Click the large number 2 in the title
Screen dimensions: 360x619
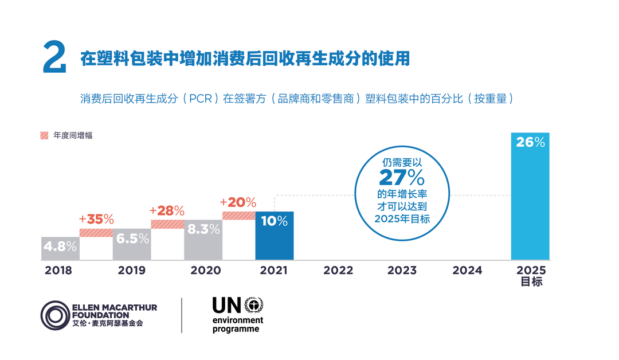(x=54, y=58)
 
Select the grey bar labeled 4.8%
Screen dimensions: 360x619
(x=60, y=248)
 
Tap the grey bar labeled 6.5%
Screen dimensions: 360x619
(x=131, y=244)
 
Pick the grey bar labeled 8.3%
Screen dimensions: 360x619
(x=203, y=240)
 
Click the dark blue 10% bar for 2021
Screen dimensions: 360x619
(x=274, y=236)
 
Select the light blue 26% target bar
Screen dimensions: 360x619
(x=530, y=196)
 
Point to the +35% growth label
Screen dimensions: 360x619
(x=97, y=220)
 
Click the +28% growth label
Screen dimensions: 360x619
(x=167, y=211)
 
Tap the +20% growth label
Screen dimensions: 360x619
(x=238, y=202)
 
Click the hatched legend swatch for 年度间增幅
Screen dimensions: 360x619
(x=44, y=135)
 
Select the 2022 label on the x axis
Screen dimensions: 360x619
(x=338, y=271)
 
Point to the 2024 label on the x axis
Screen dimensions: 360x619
(x=467, y=271)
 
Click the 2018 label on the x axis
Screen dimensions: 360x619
(x=58, y=271)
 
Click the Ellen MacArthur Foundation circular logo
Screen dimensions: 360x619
(x=55, y=315)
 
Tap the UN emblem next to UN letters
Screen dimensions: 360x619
(x=253, y=305)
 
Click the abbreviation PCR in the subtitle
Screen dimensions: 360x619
(x=200, y=99)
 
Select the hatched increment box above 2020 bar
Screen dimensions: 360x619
(x=238, y=216)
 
